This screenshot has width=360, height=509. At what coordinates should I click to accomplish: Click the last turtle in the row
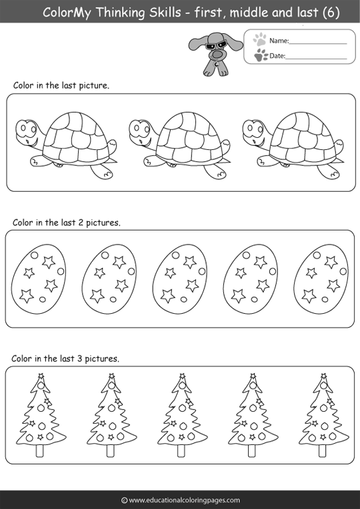click(293, 145)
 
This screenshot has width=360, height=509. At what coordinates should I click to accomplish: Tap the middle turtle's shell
click(190, 138)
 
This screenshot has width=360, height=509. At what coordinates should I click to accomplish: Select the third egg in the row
click(180, 279)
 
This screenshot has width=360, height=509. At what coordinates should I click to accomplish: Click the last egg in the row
click(321, 279)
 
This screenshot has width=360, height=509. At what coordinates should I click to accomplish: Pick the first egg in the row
click(39, 279)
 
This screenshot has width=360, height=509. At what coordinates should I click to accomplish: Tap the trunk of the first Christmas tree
click(39, 450)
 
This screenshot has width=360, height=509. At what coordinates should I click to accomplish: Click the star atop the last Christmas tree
click(323, 376)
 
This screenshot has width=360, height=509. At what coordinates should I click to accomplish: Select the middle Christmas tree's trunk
click(181, 450)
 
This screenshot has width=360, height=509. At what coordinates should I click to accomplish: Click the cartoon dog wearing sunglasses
click(215, 53)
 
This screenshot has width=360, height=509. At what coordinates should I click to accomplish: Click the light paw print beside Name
click(259, 39)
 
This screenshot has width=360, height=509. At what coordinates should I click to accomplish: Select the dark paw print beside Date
click(261, 55)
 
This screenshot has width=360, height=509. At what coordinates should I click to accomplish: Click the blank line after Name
click(318, 43)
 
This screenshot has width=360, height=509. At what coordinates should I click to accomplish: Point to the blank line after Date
click(316, 59)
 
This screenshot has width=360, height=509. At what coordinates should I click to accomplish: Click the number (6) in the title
click(331, 13)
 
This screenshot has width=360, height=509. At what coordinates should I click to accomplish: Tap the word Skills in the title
click(165, 13)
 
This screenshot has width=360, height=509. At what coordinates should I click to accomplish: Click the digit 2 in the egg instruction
click(81, 223)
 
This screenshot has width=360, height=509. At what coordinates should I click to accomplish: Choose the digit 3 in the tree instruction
click(79, 358)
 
